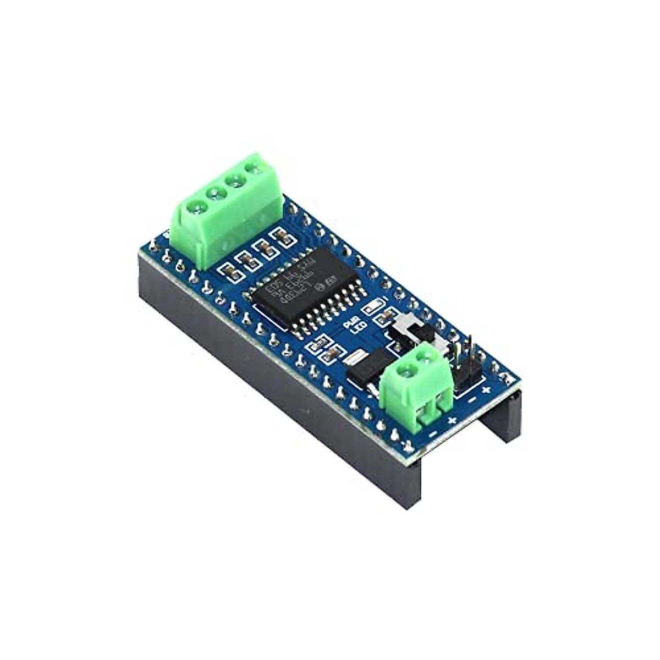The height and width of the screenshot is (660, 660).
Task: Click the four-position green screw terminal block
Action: click(226, 212)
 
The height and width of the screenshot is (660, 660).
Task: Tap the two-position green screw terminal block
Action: click(416, 385)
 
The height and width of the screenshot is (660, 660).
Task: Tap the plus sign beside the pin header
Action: click(486, 390)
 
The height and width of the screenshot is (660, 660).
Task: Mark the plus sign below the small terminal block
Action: click(452, 421)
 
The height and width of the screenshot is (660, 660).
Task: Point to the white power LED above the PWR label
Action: click(375, 304)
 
